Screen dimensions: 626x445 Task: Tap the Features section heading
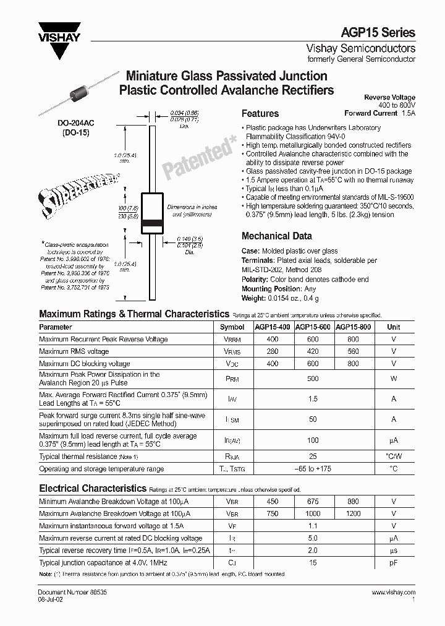click(x=260, y=114)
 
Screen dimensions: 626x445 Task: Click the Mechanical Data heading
click(x=276, y=236)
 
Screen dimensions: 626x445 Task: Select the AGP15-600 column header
click(x=313, y=327)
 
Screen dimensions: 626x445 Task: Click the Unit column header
click(x=394, y=327)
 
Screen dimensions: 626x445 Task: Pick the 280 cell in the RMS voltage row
click(x=272, y=351)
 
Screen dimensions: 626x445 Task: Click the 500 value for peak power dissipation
click(x=313, y=379)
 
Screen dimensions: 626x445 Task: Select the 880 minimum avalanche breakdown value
click(x=353, y=502)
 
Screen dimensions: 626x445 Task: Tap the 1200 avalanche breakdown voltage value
click(x=353, y=513)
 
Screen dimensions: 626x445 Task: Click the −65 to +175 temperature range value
click(x=313, y=469)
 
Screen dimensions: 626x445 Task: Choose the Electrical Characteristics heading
click(x=93, y=488)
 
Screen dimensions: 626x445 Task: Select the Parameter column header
click(x=56, y=327)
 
